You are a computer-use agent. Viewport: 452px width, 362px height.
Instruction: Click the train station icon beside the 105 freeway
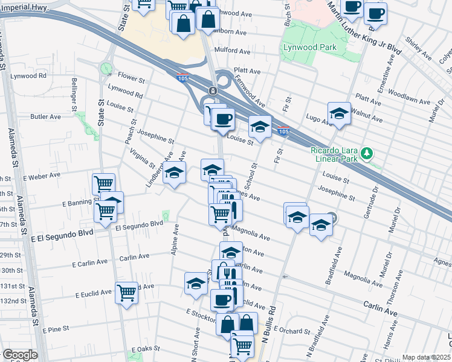(213, 91)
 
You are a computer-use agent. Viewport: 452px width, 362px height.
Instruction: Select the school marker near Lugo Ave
(339, 113)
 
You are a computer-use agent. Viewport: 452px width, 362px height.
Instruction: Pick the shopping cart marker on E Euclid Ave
(127, 293)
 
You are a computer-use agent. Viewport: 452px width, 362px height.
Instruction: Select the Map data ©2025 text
(426, 357)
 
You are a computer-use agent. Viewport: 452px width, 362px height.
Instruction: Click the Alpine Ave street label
(175, 239)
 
